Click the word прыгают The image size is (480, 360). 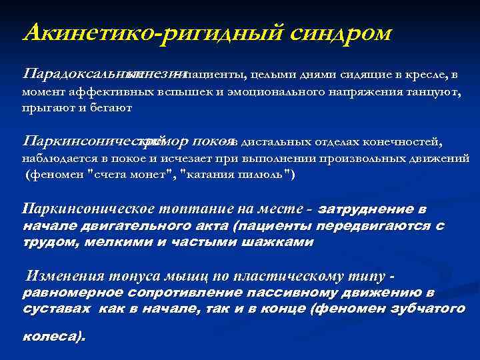click(43, 107)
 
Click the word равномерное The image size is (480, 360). click(67, 293)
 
